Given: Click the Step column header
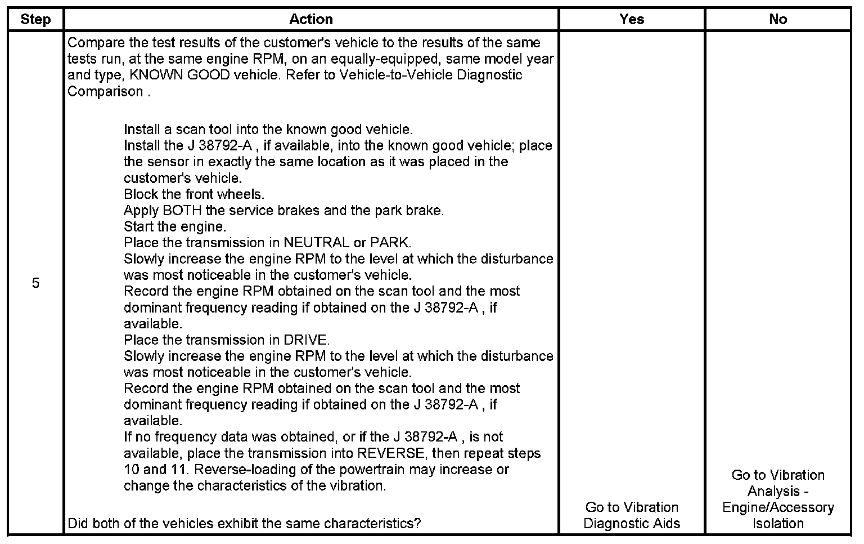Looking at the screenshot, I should click(x=35, y=19).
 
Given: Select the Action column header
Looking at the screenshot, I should click(x=311, y=19).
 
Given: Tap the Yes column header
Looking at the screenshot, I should click(x=631, y=19).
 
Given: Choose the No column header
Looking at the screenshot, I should click(x=777, y=19).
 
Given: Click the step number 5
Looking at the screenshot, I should click(x=35, y=283).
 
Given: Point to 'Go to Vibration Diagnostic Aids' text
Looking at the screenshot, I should click(x=631, y=515).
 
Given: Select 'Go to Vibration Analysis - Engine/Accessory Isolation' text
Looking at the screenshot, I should click(x=777, y=499).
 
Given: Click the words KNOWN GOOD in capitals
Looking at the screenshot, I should click(x=180, y=75).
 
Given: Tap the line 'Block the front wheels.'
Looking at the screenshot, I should click(x=194, y=194).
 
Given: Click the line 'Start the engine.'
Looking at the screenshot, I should click(x=175, y=227).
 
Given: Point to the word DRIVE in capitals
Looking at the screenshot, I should click(x=305, y=340).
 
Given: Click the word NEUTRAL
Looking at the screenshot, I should click(x=316, y=243).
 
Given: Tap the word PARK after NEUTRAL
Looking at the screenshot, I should click(x=389, y=243).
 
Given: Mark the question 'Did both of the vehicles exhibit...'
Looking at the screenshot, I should click(x=244, y=523).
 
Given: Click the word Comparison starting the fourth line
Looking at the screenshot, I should click(x=105, y=91).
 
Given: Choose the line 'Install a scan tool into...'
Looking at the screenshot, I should click(x=268, y=130).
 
